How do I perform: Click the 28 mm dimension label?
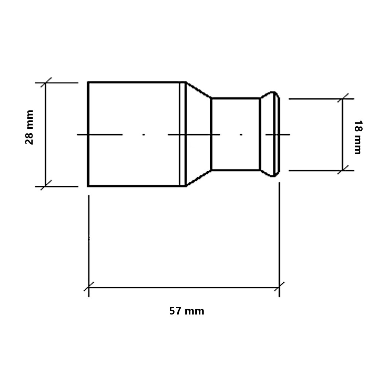[x=30, y=127]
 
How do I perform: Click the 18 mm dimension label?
[x=358, y=138]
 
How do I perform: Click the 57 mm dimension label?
[x=186, y=311]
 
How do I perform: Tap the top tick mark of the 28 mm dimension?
[x=46, y=83]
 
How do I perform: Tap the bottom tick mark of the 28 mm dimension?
[x=46, y=185]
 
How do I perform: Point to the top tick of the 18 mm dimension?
[x=343, y=99]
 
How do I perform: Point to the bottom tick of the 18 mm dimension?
[x=343, y=170]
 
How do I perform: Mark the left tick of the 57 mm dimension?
[x=89, y=287]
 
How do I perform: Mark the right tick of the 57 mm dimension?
[x=279, y=287]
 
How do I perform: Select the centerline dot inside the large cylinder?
[x=144, y=135]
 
